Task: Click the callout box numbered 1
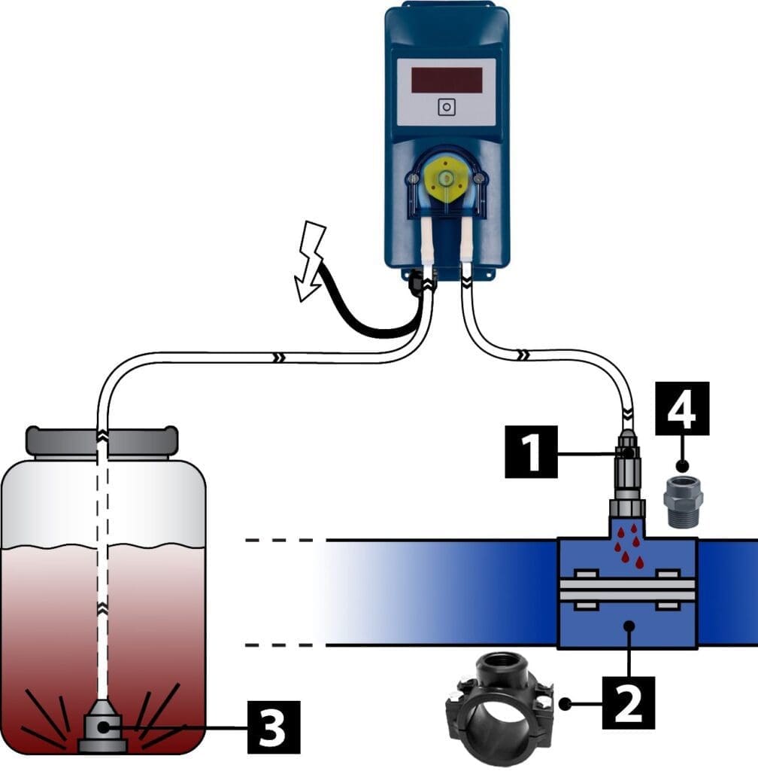click(x=531, y=452)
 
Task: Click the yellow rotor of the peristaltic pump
click(x=446, y=178)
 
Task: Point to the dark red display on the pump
click(x=446, y=80)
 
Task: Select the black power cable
click(x=361, y=309)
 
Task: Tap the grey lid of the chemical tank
click(x=102, y=441)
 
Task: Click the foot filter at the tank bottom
click(x=102, y=729)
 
